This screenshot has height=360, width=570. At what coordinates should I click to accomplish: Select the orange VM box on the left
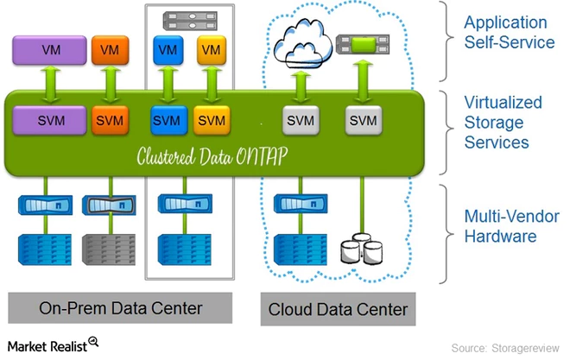(x=110, y=50)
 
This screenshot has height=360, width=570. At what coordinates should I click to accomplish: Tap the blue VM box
(x=167, y=50)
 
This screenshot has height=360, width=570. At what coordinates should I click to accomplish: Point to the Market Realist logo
(x=53, y=344)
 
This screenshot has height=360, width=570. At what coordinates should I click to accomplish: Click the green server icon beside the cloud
(x=360, y=41)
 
